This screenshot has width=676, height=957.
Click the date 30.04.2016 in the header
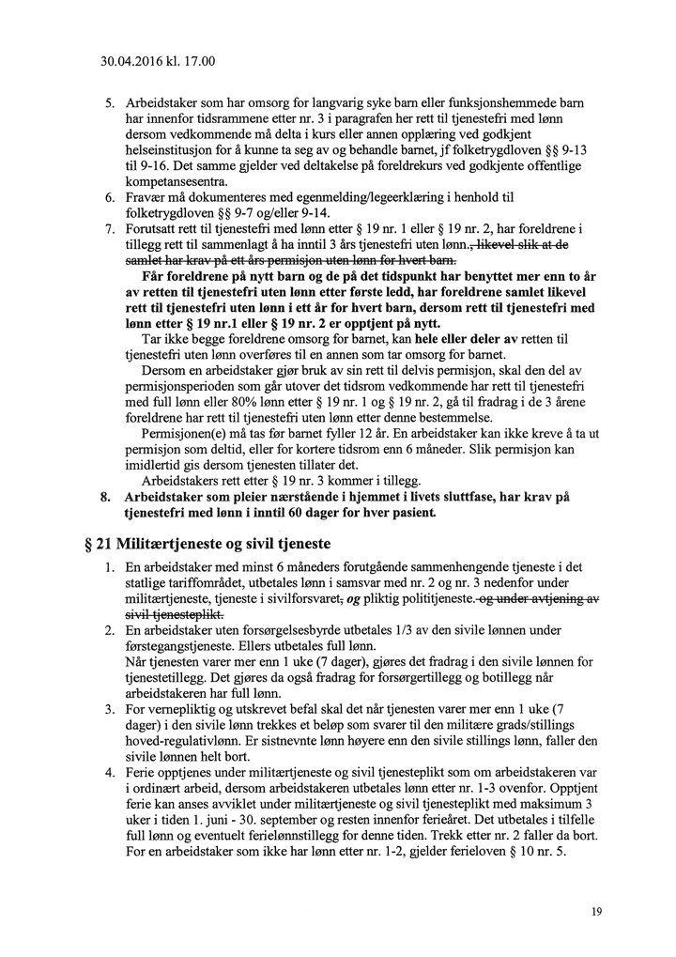point(134,63)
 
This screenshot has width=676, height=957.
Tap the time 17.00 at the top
point(200,63)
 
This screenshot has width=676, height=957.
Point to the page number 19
point(597,911)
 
